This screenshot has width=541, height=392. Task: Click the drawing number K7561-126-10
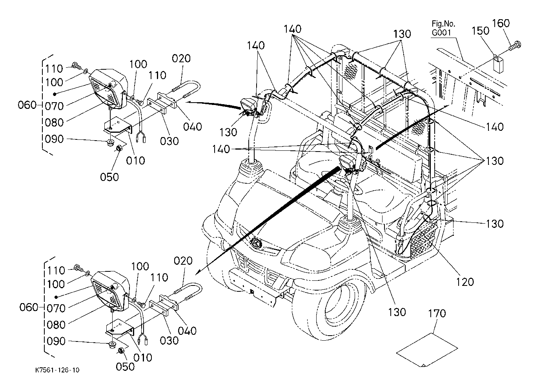[x=57, y=370]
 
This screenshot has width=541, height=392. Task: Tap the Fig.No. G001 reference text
[x=443, y=28]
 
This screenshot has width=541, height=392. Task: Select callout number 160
[x=501, y=23]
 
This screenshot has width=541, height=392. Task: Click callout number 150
[x=480, y=31]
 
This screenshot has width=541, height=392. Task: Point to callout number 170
[x=437, y=313]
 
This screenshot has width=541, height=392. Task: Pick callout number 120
[x=465, y=282]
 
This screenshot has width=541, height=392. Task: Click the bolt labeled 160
[x=515, y=46]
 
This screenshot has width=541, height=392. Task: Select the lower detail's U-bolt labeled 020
[x=188, y=293]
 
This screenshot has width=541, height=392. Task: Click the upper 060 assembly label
[x=27, y=105]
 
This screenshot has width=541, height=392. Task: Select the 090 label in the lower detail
[x=56, y=341]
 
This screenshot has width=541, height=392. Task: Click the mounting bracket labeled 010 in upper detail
[x=118, y=125]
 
